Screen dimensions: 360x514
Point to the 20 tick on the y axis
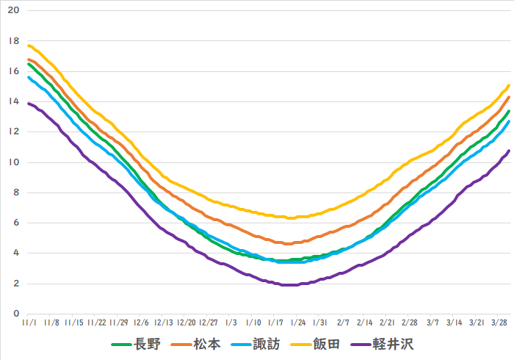13,11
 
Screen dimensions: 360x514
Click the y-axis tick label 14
13,101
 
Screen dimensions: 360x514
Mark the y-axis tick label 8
15,192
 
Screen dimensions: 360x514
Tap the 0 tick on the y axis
15,314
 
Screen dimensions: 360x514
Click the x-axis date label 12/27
209,323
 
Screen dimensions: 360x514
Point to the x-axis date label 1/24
299,323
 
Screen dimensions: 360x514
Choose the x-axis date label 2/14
366,323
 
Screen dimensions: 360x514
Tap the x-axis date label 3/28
500,323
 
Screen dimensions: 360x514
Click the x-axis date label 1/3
231,323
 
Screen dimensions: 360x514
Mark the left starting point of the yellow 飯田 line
29,46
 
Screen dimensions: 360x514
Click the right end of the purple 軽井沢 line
509,151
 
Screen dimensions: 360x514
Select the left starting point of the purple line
29,104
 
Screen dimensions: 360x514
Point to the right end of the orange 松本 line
509,97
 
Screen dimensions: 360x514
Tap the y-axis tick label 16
13,71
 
